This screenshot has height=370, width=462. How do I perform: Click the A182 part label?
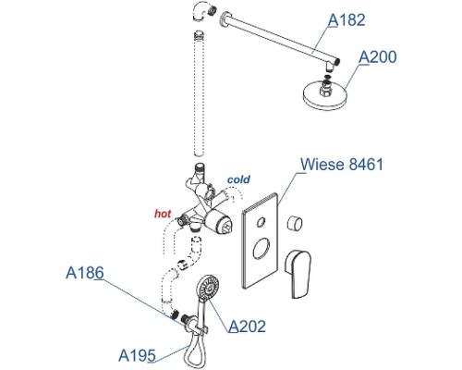coord(346,20)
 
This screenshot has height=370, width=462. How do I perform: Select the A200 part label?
coord(378,57)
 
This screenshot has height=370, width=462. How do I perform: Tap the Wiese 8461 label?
coord(342,164)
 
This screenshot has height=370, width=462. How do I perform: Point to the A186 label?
coord(85,273)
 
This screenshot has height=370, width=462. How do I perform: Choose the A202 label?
coord(247,327)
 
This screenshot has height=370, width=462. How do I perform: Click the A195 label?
coord(137,355)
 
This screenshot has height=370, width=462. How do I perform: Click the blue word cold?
coord(238,179)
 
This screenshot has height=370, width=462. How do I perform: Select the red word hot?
coord(163,214)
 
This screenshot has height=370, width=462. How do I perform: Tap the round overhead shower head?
coord(325,94)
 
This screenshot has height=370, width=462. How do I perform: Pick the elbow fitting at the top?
coord(203,12)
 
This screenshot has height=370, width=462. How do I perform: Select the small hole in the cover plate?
coord(261,222)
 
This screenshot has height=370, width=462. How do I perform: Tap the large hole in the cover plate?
coord(261,249)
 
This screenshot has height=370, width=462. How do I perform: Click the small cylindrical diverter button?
coord(295,223)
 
